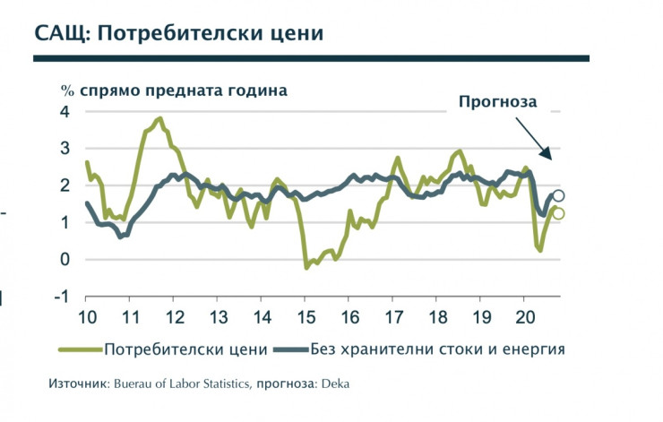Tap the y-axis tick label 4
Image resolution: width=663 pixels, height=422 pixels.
[x=65, y=111]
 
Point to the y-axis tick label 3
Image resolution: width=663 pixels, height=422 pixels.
[x=65, y=148]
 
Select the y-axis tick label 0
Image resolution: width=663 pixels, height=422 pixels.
[x=65, y=260]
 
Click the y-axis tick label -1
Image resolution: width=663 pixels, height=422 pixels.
[x=62, y=297]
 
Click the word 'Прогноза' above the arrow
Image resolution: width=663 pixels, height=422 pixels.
[x=497, y=101]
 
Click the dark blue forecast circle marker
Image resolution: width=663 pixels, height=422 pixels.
[x=558, y=196]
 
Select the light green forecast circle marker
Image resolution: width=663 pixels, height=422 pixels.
[x=558, y=213]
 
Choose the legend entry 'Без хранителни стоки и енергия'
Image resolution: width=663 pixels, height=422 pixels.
[x=437, y=348]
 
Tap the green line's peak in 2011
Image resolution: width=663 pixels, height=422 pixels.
[x=159, y=118]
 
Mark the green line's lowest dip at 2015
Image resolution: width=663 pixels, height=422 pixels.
[x=306, y=267]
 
